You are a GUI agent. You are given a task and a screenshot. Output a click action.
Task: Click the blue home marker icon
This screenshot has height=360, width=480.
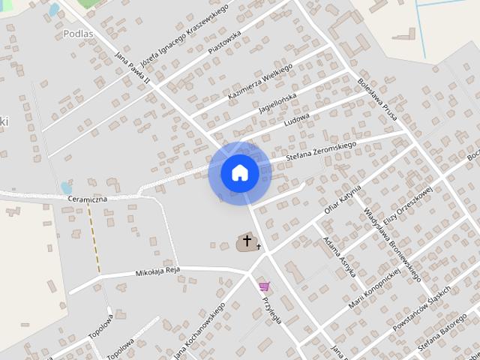pyautogui.click(x=240, y=173)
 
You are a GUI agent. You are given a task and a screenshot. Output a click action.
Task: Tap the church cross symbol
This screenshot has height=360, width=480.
pyautogui.click(x=247, y=241)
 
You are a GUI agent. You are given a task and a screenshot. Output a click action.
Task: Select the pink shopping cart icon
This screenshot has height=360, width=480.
pyautogui.click(x=264, y=286)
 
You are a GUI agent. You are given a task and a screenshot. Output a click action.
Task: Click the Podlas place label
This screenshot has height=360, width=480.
pyautogui.click(x=79, y=33)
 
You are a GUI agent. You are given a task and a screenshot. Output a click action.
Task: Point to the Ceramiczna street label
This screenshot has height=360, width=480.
pyautogui.click(x=88, y=199)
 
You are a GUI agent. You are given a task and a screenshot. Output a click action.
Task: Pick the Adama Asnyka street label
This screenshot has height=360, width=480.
pyautogui.click(x=337, y=257)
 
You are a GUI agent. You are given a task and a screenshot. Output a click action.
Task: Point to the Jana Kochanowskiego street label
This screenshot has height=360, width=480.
pyautogui.click(x=199, y=331)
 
